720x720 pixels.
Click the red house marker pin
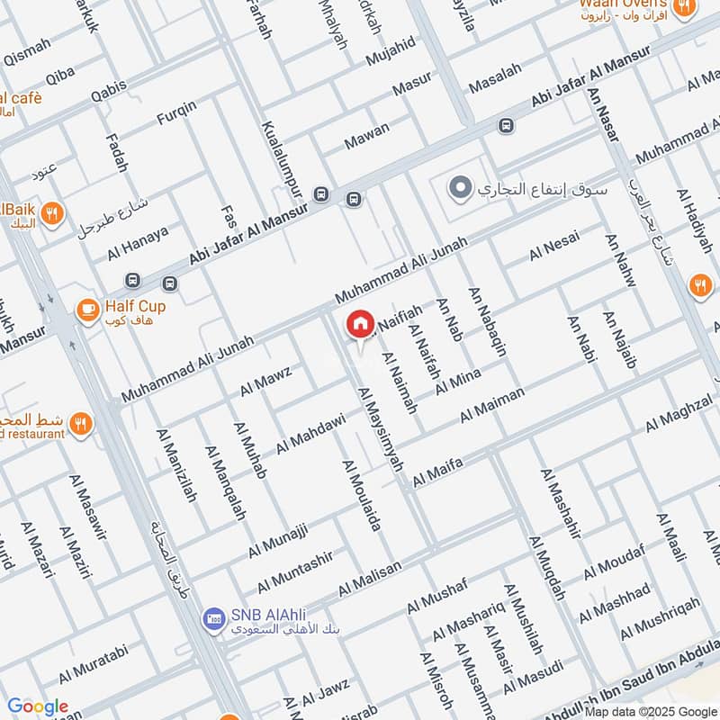pyautogui.click(x=360, y=324)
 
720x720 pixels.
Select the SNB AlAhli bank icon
pyautogui.click(x=213, y=617)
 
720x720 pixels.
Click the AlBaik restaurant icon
pyautogui.click(x=53, y=213)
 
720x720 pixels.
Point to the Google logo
pyautogui.click(x=37, y=706)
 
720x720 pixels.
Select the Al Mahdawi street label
pyautogui.click(x=310, y=433)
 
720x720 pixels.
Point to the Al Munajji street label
pyautogui.click(x=278, y=536)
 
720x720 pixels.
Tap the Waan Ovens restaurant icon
pyautogui.click(x=685, y=9)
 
